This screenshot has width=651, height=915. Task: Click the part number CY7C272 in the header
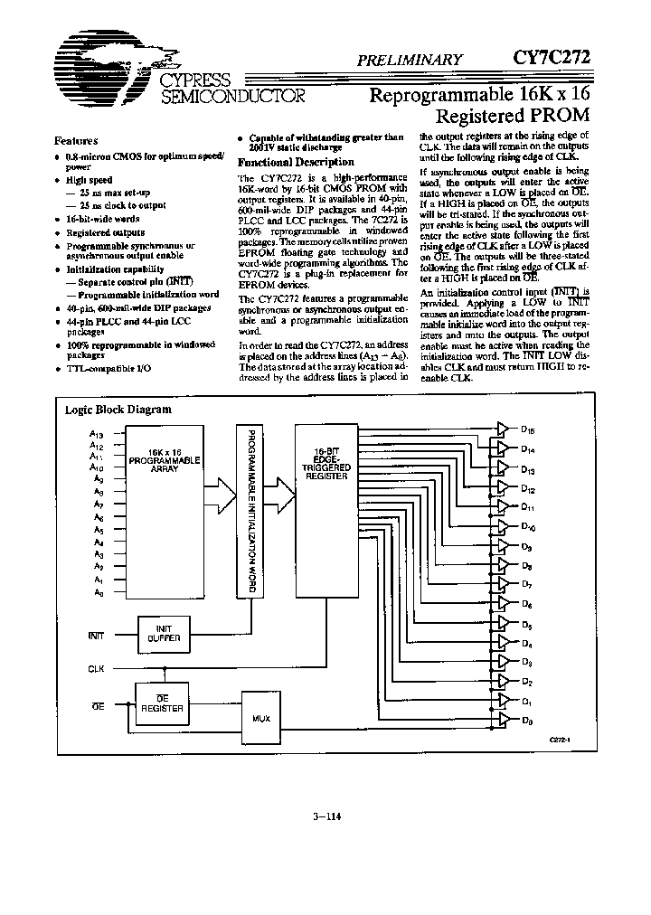coord(552,58)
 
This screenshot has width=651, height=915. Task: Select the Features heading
coord(77,140)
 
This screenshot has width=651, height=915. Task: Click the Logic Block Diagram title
coord(118,409)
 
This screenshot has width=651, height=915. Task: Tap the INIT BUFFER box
coord(164,633)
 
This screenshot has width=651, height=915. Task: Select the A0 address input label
coord(98,592)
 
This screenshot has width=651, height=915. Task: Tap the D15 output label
coord(528,431)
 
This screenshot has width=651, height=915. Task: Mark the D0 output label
coord(527,721)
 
